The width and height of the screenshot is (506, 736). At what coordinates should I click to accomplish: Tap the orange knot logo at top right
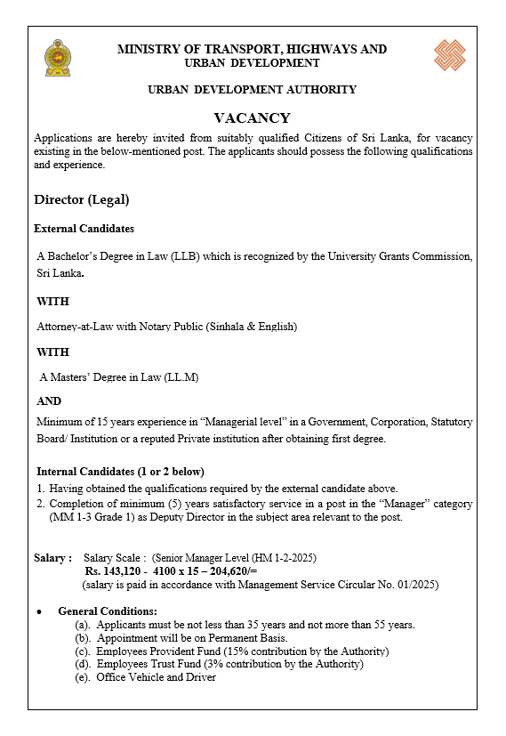pyautogui.click(x=449, y=54)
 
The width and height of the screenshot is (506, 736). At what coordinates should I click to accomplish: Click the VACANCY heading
pyautogui.click(x=252, y=117)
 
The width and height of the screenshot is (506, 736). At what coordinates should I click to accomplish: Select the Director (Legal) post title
pyautogui.click(x=81, y=199)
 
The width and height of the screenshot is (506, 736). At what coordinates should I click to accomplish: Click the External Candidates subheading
pyautogui.click(x=84, y=229)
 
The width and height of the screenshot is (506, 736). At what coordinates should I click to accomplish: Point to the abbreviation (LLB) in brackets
pyautogui.click(x=184, y=256)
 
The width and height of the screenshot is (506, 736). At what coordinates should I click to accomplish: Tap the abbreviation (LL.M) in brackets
pyautogui.click(x=181, y=377)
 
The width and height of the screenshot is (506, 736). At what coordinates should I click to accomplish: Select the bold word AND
pyautogui.click(x=49, y=401)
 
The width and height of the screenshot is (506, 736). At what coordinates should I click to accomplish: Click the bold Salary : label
pyautogui.click(x=52, y=557)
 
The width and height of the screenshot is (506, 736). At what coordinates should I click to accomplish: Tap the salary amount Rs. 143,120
pyautogui.click(x=116, y=571)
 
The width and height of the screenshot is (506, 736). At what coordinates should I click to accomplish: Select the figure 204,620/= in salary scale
pyautogui.click(x=229, y=571)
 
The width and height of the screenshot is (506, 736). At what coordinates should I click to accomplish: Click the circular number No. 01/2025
pyautogui.click(x=403, y=585)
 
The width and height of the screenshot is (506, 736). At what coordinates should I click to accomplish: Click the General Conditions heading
pyautogui.click(x=107, y=611)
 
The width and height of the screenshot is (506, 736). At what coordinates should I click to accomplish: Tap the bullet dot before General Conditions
pyautogui.click(x=39, y=612)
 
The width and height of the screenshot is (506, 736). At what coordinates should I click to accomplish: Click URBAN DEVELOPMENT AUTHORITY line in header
pyautogui.click(x=252, y=90)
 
